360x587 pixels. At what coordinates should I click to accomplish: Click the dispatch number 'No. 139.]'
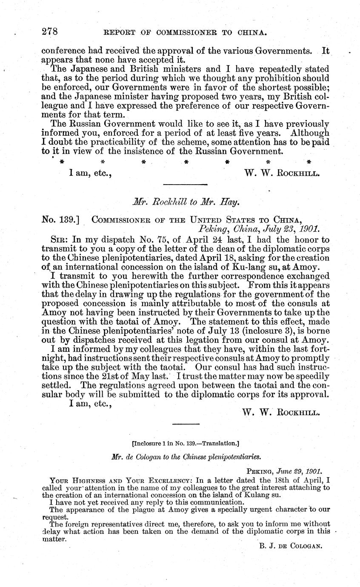[x=62, y=219]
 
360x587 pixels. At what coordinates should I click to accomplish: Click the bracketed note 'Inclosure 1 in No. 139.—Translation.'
[x=186, y=443]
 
